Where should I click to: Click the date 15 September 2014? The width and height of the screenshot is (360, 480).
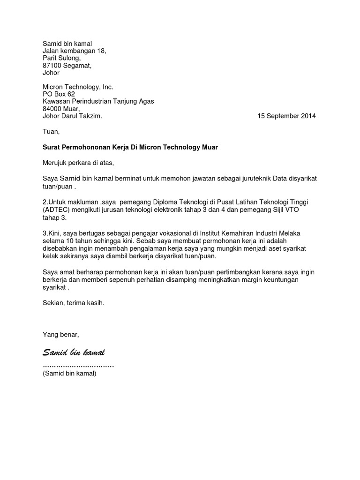286,116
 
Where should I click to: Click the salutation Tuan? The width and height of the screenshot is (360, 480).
52,132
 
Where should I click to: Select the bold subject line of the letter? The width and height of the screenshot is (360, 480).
130,147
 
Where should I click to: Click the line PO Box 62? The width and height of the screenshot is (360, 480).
59,94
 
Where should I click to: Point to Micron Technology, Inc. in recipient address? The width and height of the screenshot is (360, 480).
78,87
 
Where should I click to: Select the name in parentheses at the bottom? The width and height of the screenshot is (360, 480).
69,374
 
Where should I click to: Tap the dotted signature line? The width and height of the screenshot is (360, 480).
78,365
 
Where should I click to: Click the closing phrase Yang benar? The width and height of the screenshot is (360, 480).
61,335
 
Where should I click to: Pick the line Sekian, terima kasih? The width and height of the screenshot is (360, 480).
74,303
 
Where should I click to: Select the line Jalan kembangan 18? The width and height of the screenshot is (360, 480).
75,51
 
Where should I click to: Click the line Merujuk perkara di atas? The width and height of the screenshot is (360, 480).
78,163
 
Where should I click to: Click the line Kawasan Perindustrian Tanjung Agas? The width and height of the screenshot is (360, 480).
98,101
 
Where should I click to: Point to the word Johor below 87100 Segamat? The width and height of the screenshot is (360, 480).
51,73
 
